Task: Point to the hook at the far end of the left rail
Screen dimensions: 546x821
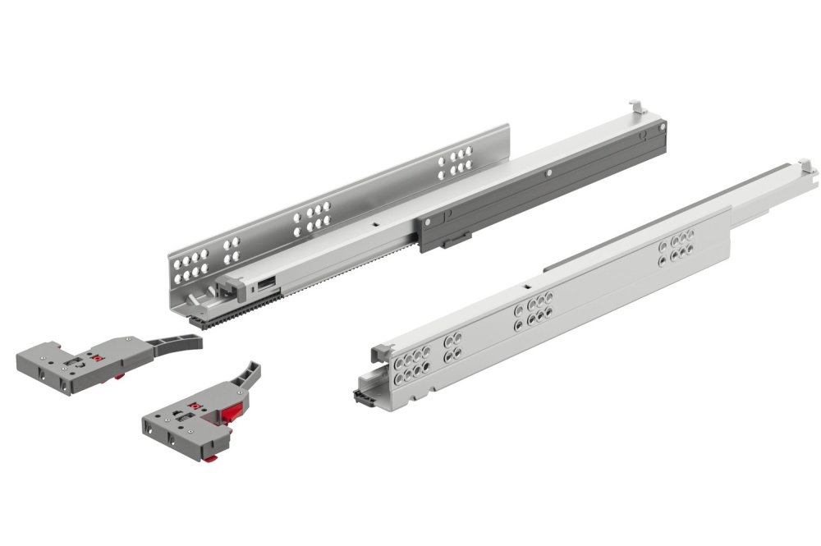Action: click(636, 108)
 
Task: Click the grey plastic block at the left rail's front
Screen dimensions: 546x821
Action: click(229, 287)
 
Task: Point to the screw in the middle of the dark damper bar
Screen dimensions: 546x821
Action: click(547, 174)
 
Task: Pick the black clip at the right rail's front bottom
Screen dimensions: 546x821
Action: click(363, 397)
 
